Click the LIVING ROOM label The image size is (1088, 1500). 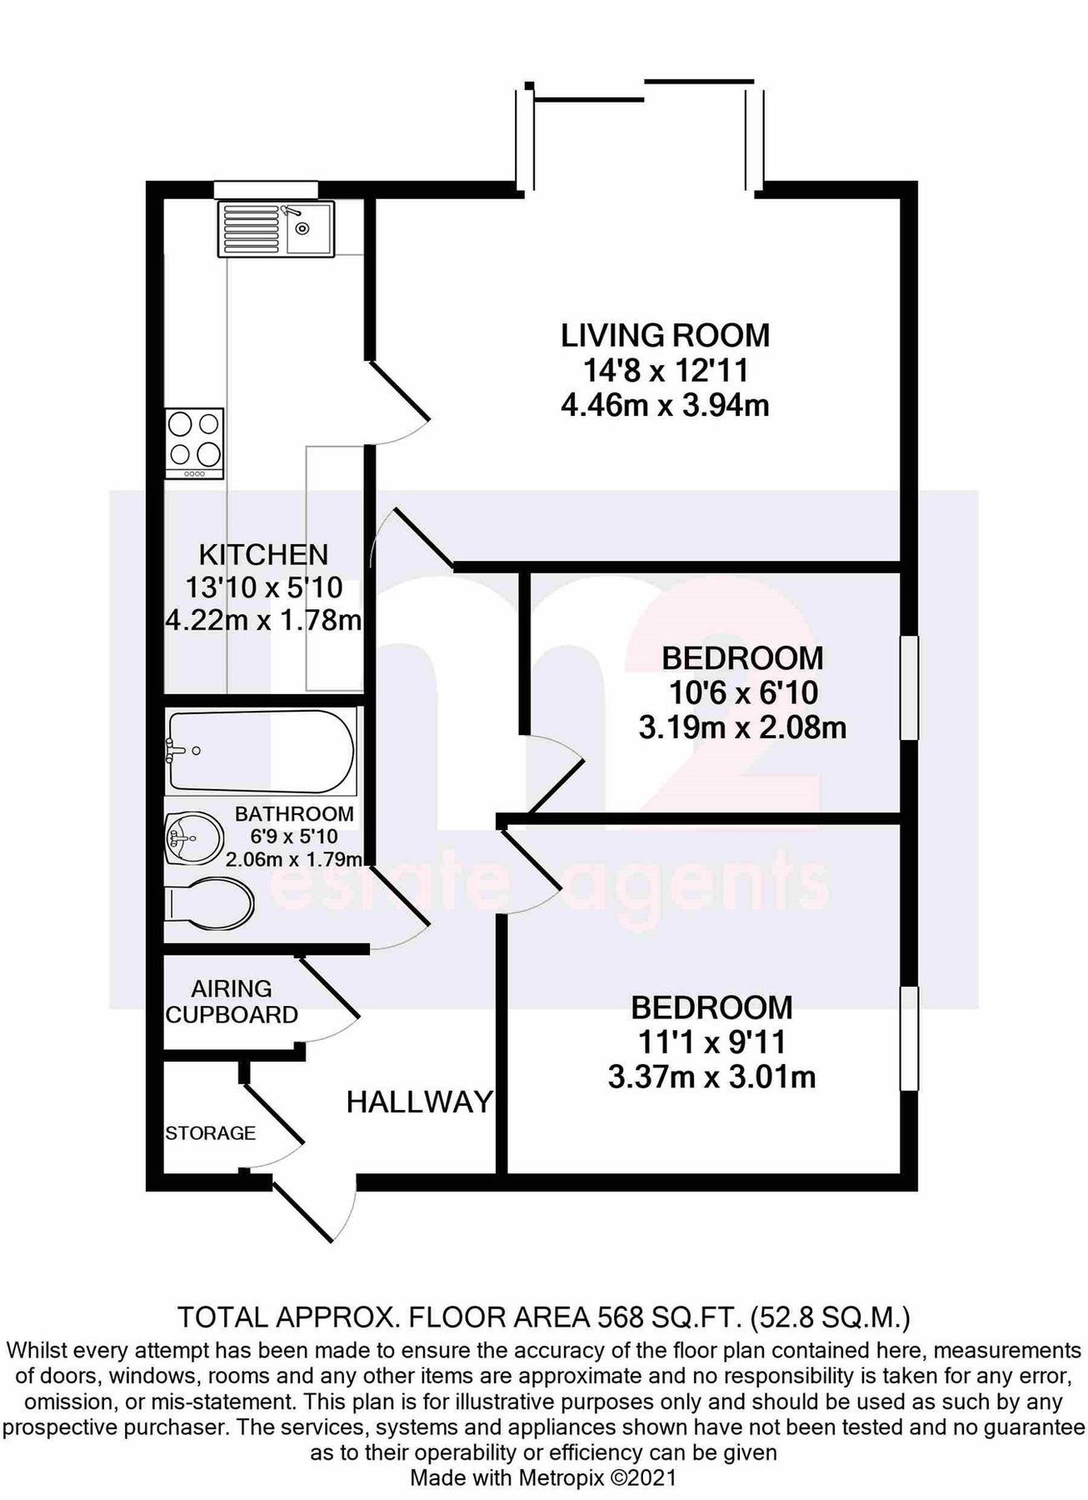point(665,336)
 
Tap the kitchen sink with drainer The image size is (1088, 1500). point(275,228)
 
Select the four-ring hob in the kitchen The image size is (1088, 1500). point(194,442)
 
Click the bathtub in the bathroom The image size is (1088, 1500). point(261,751)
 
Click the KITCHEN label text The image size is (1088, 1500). point(263,554)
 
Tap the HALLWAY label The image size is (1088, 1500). point(419,1102)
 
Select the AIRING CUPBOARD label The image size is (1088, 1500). point(232,1002)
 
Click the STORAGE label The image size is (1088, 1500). point(210,1133)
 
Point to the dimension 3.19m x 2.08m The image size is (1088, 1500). point(742,728)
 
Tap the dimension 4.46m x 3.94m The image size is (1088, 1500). point(665,406)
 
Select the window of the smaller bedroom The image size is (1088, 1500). point(910,687)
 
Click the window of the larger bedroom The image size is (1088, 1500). point(910,1038)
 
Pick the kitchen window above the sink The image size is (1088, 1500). point(266,189)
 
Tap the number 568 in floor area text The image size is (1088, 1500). point(621,1317)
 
